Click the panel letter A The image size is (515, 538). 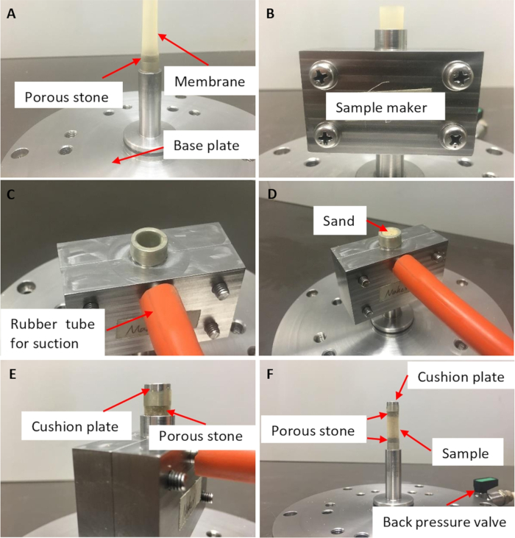click(x=11, y=14)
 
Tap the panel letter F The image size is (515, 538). click(x=270, y=374)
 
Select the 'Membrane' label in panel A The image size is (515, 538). click(x=210, y=82)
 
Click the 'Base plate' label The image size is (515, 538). click(x=207, y=146)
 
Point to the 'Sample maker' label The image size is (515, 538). click(x=381, y=107)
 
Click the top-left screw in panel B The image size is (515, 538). click(x=324, y=76)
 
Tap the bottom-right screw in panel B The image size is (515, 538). click(x=454, y=137)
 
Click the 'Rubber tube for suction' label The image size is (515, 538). click(x=52, y=333)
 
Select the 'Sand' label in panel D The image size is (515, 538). click(x=338, y=221)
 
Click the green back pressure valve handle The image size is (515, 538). click(x=483, y=484)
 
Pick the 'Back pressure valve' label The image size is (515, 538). click(x=444, y=522)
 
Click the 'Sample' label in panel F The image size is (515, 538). click(x=465, y=453)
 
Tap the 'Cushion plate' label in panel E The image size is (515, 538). click(x=75, y=426)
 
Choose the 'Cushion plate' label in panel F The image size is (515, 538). click(x=461, y=377)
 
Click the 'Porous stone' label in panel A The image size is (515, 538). click(x=66, y=97)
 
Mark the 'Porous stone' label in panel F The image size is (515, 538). click(x=313, y=431)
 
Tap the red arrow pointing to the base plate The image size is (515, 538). click(x=138, y=155)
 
